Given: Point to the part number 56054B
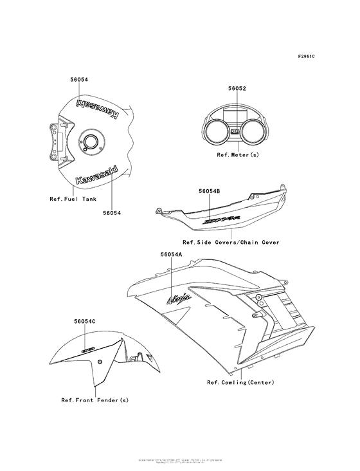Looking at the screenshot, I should point(210,191).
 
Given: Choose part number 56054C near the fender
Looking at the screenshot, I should point(84,320).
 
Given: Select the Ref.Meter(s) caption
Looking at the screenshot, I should point(237,155).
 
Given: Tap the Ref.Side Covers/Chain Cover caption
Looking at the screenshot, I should point(231,242).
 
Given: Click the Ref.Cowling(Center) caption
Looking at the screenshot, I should point(240,382).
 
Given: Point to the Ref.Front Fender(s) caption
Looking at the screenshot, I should point(94,400).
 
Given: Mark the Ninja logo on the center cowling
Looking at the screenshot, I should point(178,297).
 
